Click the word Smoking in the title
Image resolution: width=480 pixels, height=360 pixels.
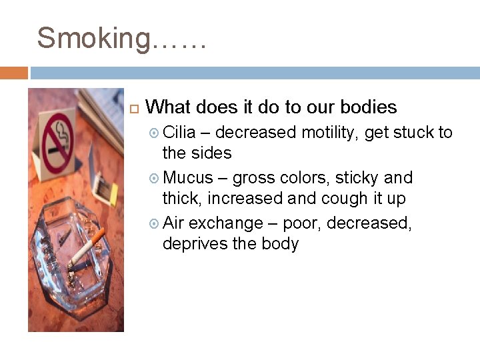[x=93, y=38]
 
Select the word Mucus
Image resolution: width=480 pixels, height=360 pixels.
[x=188, y=178]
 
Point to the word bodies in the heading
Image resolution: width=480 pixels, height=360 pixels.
[x=368, y=107]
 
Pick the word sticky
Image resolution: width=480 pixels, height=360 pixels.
[x=358, y=178]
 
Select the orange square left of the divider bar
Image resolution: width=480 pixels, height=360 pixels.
[x=13, y=73]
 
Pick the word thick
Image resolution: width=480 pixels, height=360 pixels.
[x=182, y=198]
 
